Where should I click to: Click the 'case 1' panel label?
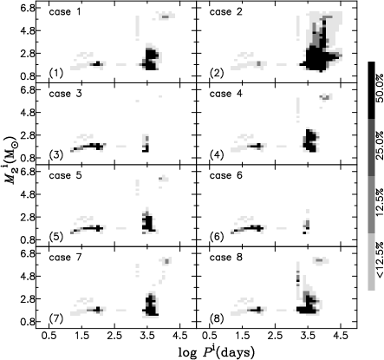pyautogui.click(x=63, y=12)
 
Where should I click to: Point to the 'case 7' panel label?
pyautogui.click(x=63, y=258)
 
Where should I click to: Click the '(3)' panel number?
pyautogui.click(x=55, y=155)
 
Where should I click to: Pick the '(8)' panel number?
pyautogui.click(x=217, y=318)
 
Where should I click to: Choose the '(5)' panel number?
pyautogui.click(x=55, y=237)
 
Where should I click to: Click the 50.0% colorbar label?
pyautogui.click(x=380, y=89)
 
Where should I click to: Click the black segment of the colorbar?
pyautogui.click(x=372, y=90)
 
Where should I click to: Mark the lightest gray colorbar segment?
pyautogui.click(x=372, y=261)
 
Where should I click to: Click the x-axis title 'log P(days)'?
pyautogui.click(x=217, y=352)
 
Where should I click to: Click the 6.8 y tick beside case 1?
pyautogui.click(x=28, y=8)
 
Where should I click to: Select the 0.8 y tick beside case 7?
pyautogui.click(x=28, y=322)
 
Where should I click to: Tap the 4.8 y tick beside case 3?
pyautogui.click(x=28, y=113)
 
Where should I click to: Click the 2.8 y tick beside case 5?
pyautogui.click(x=28, y=217)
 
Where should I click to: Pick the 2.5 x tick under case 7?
pyautogui.click(x=114, y=336)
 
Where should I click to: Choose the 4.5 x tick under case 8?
pyautogui.click(x=341, y=336)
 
